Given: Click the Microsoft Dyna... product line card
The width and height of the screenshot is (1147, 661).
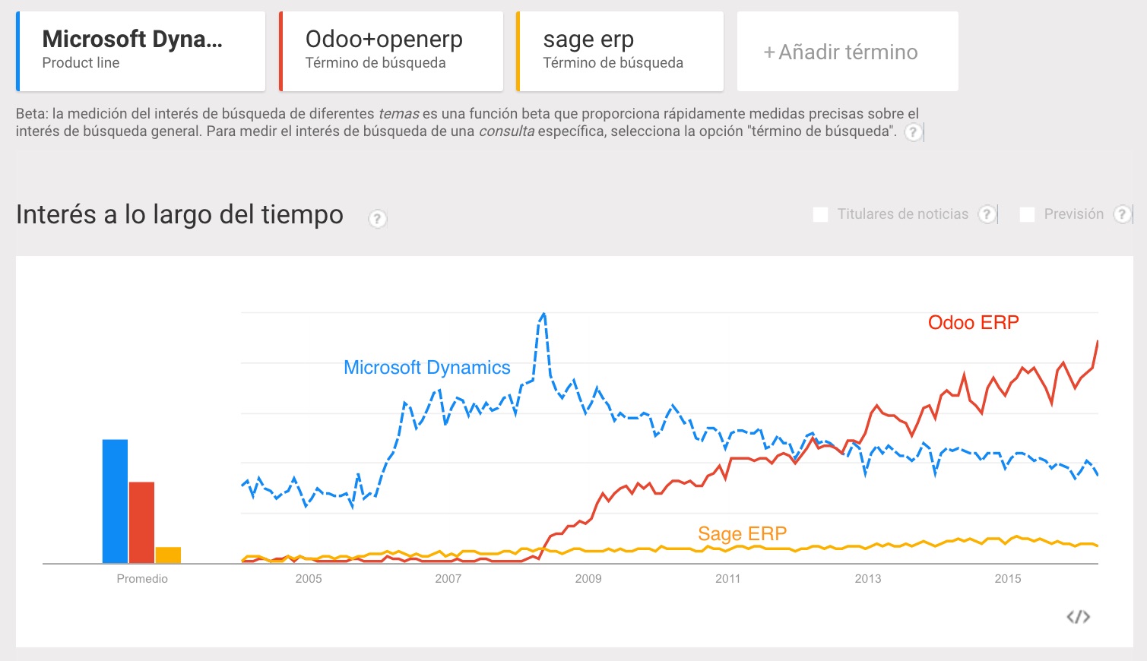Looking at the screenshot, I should point(141,51).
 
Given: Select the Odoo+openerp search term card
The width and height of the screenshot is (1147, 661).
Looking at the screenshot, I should point(391,51).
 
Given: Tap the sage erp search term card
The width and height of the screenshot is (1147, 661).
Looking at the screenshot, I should point(619,51).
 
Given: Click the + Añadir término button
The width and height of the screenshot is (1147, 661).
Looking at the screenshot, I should point(847,52).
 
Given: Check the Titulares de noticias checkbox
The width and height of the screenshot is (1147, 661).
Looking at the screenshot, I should point(821,214).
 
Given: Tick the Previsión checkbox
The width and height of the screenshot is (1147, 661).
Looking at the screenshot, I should point(1027,214).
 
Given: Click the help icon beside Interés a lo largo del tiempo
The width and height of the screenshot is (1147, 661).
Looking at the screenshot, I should point(377,219).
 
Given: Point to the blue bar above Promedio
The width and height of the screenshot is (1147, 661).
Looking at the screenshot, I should point(115,501).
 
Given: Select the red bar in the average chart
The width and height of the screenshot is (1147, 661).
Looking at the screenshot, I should point(141,522).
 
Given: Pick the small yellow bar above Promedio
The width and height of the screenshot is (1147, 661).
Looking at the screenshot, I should point(168,555).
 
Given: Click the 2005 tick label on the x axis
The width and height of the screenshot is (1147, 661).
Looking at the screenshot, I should point(309,579).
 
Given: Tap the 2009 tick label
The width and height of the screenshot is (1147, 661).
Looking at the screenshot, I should point(588,579).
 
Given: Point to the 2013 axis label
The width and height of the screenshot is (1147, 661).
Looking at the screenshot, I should point(868,579).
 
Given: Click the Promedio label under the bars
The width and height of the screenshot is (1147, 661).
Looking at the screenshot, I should point(142,579).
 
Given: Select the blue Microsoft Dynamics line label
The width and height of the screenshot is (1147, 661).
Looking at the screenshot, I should point(426,368).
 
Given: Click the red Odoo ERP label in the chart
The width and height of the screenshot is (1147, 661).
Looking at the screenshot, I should point(973,323).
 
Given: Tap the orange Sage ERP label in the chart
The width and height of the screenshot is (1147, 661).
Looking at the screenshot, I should point(742,534).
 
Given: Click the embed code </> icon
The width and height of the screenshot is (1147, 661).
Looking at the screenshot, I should point(1078,617).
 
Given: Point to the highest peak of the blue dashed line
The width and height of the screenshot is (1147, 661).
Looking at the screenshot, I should point(543,314).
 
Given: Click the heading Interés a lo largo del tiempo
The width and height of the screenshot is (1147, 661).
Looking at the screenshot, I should point(179,215).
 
